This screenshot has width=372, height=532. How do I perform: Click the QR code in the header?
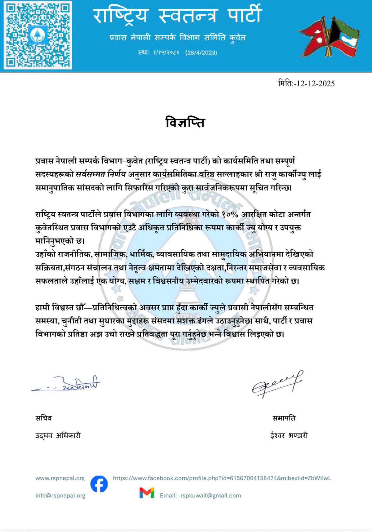(x=38, y=35)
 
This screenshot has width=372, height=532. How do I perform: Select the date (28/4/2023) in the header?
(x=201, y=53)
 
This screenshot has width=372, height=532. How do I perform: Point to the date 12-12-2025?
(x=315, y=83)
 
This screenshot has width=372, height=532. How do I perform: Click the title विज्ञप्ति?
(x=185, y=122)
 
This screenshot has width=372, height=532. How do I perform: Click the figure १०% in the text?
(x=230, y=214)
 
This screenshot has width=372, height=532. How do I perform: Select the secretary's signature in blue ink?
(x=66, y=384)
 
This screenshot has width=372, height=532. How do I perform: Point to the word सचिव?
(x=44, y=418)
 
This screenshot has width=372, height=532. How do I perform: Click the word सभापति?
(x=284, y=418)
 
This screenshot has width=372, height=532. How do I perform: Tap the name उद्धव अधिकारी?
(x=58, y=435)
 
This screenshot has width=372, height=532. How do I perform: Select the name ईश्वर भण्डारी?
(x=289, y=435)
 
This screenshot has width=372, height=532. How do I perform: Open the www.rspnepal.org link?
(x=60, y=478)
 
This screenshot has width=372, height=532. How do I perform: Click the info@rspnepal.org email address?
(x=60, y=495)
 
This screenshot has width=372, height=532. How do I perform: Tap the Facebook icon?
(x=99, y=484)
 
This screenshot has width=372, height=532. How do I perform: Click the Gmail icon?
(x=147, y=493)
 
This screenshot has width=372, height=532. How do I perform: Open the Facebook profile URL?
(x=222, y=478)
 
